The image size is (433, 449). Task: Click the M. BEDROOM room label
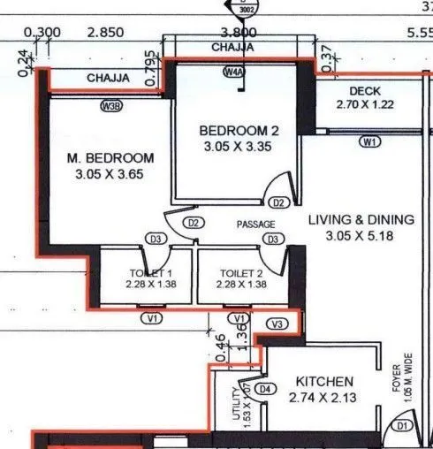110,157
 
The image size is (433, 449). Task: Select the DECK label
364,91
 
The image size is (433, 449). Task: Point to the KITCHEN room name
325,381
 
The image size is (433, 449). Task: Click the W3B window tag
110,106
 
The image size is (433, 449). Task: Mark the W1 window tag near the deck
368,141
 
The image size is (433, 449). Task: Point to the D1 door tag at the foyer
403,426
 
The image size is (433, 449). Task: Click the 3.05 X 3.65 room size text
110,175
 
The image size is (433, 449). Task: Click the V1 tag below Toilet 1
154,317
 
